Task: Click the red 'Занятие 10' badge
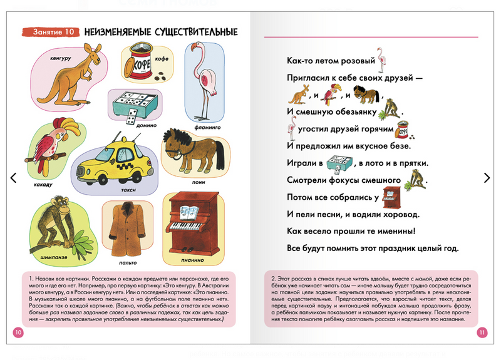(50, 31)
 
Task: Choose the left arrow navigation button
(13, 178)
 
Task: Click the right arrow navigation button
(487, 178)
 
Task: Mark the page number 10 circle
(18, 332)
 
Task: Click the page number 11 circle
(482, 332)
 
